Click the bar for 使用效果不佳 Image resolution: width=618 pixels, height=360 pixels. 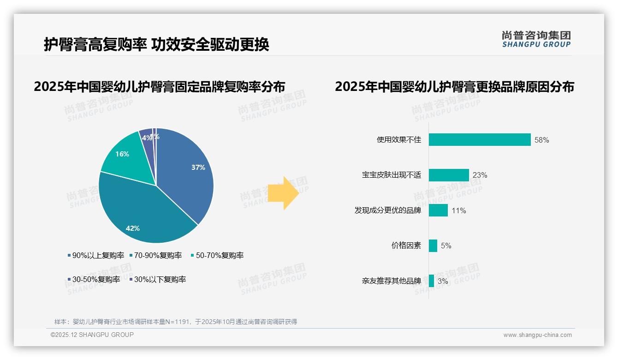480,140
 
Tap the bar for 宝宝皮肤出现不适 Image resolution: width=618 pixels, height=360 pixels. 449,175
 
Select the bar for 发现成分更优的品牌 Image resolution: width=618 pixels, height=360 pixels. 438,210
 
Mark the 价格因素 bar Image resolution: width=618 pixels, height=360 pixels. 433,246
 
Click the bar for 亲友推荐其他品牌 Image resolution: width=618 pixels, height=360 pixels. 431,281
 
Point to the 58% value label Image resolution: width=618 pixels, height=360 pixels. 541,140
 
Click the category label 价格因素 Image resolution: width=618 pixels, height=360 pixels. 406,246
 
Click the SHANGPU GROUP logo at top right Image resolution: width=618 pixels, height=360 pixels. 536,39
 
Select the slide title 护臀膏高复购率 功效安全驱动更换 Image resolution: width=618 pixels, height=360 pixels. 156,44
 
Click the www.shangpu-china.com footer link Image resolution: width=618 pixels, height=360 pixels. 537,335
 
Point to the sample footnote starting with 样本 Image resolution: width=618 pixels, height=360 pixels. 176,322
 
